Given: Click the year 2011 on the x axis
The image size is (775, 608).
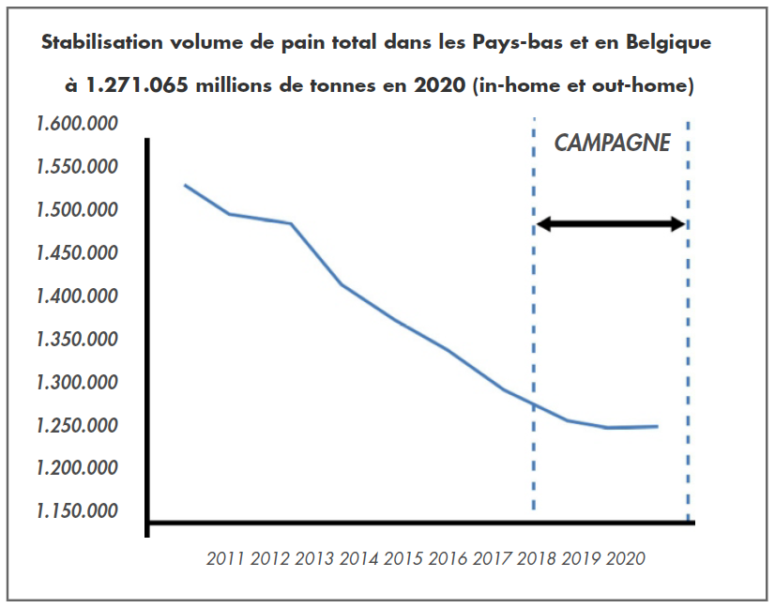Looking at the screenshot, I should point(225,559).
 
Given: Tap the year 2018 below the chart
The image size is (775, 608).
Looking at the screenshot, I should point(537,559).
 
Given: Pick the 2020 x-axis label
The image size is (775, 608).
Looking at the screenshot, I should point(626,559).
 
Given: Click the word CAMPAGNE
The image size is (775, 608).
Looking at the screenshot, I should point(612,144).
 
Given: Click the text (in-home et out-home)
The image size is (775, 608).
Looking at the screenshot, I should point(584,86).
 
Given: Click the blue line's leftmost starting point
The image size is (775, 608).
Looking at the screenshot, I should point(185,185).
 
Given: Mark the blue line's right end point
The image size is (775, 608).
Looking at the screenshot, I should point(657,426).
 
